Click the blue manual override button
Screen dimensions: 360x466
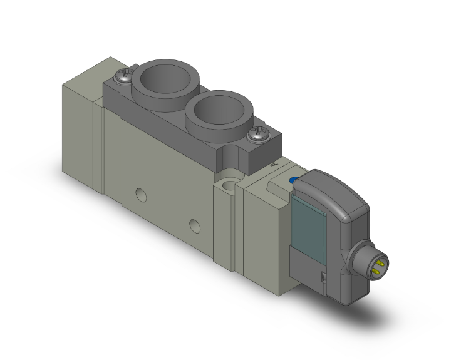coord(293,180)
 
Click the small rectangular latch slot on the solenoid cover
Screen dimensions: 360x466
coord(325,276)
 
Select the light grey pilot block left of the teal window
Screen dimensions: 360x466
coord(266,225)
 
